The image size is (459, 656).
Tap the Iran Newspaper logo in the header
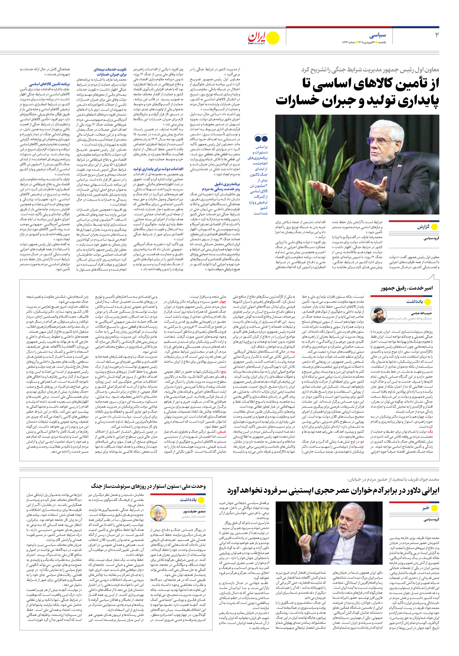[x=263, y=38]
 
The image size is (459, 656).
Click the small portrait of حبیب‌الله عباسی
[x=378, y=315]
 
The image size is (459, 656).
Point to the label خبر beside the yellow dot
[x=426, y=508]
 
